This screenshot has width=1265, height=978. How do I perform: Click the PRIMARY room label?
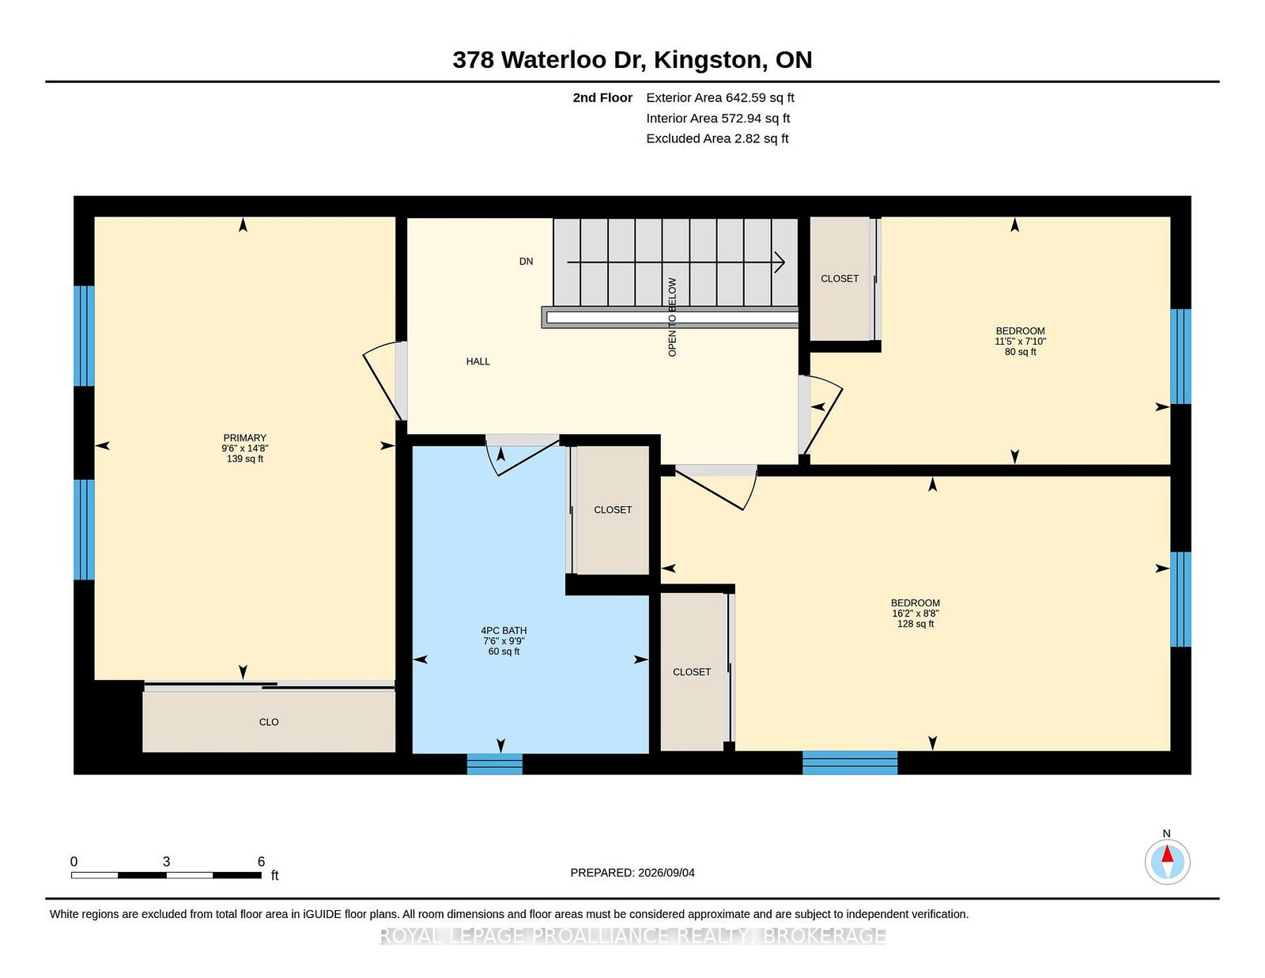point(244,438)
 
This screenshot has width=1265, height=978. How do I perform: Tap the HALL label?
point(478,361)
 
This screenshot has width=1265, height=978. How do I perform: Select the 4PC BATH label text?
point(504,630)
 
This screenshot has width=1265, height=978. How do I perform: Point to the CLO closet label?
point(269,722)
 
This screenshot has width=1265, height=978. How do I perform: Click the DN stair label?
point(527,262)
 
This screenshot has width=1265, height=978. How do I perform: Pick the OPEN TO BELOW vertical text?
point(672,317)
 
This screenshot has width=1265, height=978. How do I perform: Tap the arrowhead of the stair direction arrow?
point(780,262)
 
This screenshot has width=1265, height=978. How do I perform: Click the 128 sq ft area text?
point(916,624)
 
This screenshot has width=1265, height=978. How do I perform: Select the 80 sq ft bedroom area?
point(1021,352)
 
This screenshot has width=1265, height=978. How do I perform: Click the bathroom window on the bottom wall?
point(494,764)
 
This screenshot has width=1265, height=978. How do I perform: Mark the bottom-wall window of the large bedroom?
point(850,763)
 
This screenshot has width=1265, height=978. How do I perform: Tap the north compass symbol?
point(1167,862)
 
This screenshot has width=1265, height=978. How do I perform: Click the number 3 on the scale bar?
point(167,862)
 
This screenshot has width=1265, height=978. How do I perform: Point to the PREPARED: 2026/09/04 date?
point(632,873)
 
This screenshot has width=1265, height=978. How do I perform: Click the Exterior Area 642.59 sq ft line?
point(720,98)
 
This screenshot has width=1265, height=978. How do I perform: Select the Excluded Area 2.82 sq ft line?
point(717,138)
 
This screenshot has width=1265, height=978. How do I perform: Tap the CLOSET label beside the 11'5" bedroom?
point(840,279)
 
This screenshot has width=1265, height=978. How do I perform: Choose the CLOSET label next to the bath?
point(613,510)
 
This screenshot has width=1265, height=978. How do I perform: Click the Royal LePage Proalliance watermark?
point(632,935)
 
